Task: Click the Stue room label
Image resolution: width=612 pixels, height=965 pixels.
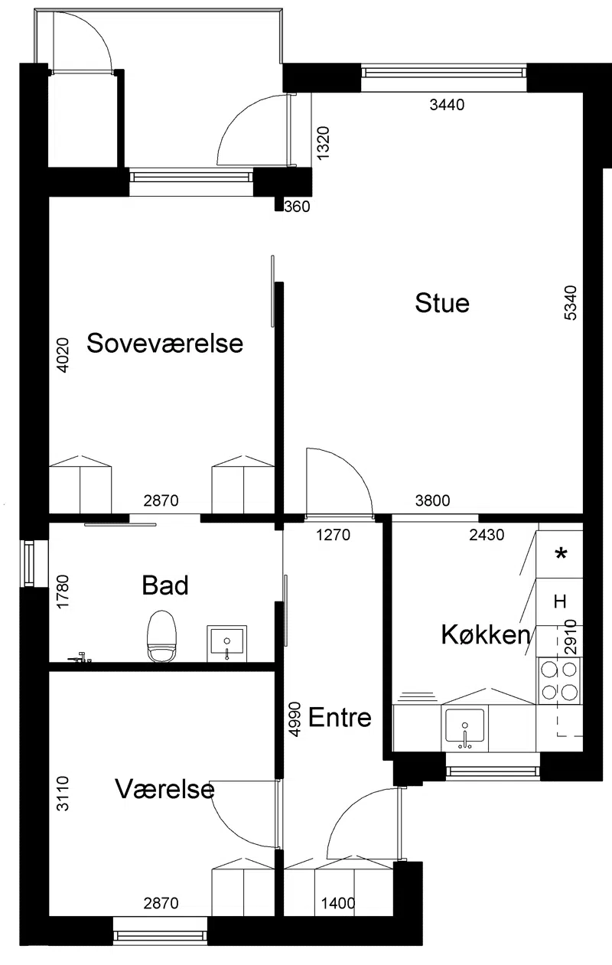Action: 442,302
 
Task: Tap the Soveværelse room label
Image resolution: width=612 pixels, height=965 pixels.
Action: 165,344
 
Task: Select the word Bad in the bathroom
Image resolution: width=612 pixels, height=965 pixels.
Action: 165,585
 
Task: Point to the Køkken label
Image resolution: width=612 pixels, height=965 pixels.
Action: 485,634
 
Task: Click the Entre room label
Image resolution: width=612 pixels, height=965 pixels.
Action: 340,717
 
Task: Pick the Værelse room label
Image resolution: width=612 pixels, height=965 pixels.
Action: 164,789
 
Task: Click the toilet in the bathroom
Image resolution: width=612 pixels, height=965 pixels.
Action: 162,636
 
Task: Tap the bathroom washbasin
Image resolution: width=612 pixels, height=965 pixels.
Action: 227,644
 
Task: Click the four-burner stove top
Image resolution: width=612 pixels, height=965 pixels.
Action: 559,680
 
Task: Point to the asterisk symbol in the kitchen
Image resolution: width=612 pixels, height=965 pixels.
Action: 562,553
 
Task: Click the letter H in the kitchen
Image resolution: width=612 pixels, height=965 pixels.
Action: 560,601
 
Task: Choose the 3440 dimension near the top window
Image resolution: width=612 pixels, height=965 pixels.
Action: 447,105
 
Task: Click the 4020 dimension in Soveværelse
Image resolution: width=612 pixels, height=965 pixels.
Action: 63,355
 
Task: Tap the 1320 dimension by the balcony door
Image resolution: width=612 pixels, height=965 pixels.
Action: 323,143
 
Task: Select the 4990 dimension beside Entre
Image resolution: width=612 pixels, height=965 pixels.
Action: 295,719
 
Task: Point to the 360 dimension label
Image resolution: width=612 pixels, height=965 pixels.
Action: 297,207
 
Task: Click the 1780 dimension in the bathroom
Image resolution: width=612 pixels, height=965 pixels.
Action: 63,592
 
